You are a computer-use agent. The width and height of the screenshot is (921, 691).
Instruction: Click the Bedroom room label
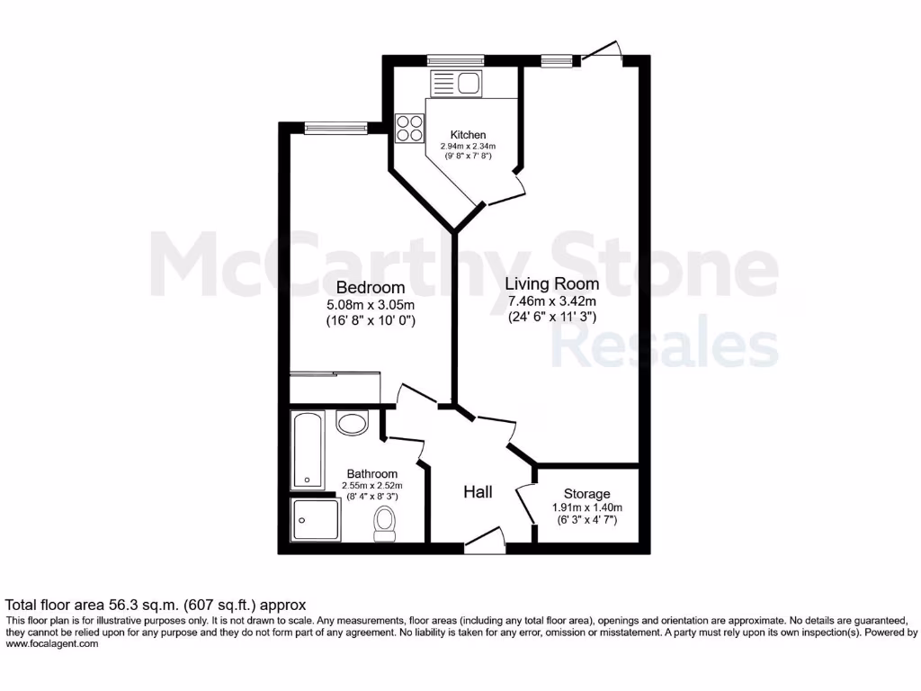coord(371,288)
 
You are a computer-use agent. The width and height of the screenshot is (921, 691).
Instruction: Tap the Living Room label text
coord(553,283)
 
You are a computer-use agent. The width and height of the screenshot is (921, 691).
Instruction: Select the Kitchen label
coord(469,135)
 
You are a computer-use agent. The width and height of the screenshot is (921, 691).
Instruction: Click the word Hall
coord(478,492)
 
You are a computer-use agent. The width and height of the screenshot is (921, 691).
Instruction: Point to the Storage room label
coord(586,494)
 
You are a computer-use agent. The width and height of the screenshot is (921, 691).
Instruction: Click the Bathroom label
coord(372,474)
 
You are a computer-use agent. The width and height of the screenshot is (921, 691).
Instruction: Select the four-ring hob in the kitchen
coord(410,127)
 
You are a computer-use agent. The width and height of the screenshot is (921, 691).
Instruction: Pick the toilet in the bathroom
coord(385,522)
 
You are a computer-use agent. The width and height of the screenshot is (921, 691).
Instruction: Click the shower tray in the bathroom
coord(315,521)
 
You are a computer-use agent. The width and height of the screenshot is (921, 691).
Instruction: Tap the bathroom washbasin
coord(352,422)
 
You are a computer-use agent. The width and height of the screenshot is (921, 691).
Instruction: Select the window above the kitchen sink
coord(456,60)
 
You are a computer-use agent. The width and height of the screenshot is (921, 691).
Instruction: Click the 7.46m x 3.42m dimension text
coord(552,301)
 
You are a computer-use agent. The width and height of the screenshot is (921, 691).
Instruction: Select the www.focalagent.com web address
coord(52,643)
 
